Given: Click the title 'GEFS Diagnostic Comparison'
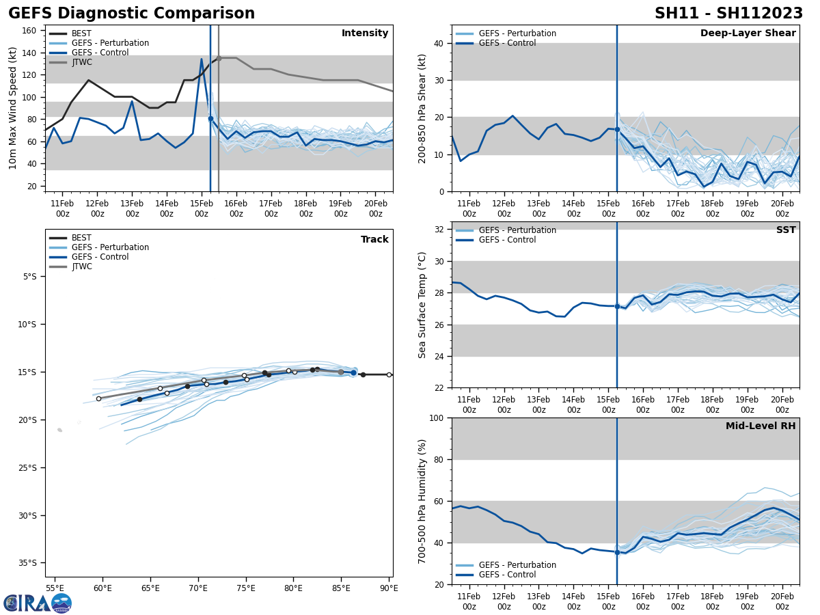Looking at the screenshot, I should pos(131,14).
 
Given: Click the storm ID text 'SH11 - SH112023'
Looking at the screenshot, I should pos(728,14).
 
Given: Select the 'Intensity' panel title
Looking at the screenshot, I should pos(365,33).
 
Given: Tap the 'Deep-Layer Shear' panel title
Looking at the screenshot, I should pos(748,33).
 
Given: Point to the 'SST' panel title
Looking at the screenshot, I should pos(786,230).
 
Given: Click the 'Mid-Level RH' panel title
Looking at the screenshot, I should pos(761,426).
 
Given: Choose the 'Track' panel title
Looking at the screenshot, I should pos(374,240).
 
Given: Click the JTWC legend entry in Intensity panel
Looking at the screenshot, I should pos(82,62).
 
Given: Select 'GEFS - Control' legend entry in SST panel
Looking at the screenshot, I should pos(507,240).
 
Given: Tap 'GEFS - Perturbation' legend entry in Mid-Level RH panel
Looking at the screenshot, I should pos(517,565).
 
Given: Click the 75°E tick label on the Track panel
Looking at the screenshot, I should pos(246,588).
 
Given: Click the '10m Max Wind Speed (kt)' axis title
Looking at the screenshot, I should pos(13,108).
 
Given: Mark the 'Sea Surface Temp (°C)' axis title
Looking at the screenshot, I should pos(422,305).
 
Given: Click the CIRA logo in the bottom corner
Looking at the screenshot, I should pos(38,603).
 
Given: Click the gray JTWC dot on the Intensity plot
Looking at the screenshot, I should pos(219,58).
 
